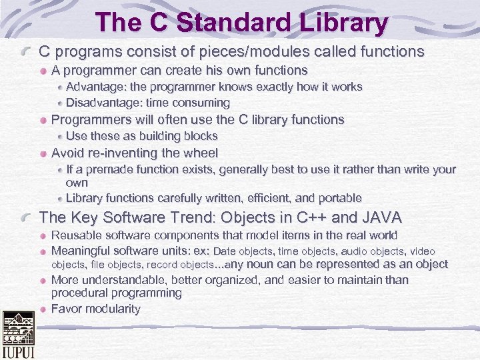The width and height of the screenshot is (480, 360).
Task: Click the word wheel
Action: click(x=195, y=153)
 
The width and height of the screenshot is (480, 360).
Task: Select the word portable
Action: click(x=338, y=198)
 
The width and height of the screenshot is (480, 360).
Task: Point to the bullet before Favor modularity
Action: click(x=43, y=309)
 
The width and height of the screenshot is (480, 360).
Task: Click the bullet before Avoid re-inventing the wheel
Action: click(x=43, y=153)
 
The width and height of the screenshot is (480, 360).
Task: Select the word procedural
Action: click(x=79, y=293)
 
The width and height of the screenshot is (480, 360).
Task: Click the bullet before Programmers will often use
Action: click(x=43, y=120)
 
